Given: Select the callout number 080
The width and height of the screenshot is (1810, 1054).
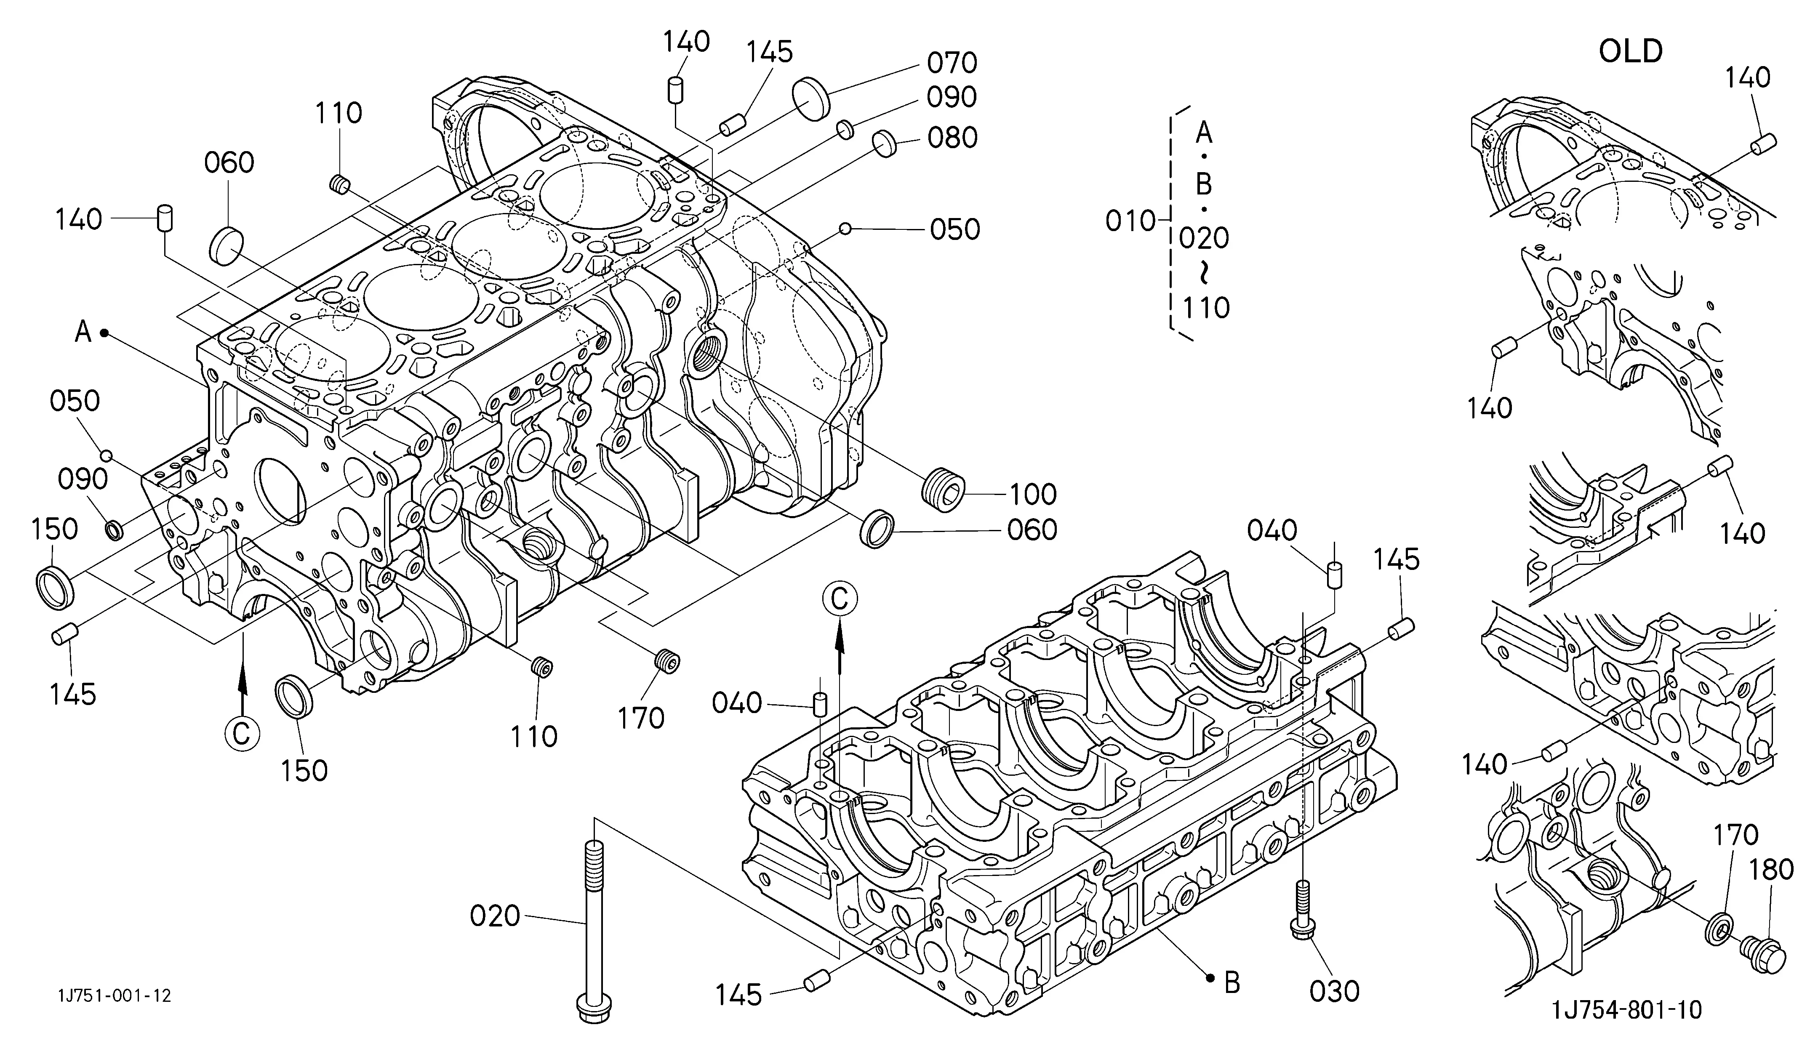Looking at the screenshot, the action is pos(952,138).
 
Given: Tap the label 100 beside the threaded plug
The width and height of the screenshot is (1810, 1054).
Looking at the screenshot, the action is pos(1033,495).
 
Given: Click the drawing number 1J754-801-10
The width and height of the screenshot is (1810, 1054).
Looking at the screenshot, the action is pos(1627,1010).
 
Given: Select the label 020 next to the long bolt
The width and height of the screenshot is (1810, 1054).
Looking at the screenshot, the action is pos(495,916).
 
